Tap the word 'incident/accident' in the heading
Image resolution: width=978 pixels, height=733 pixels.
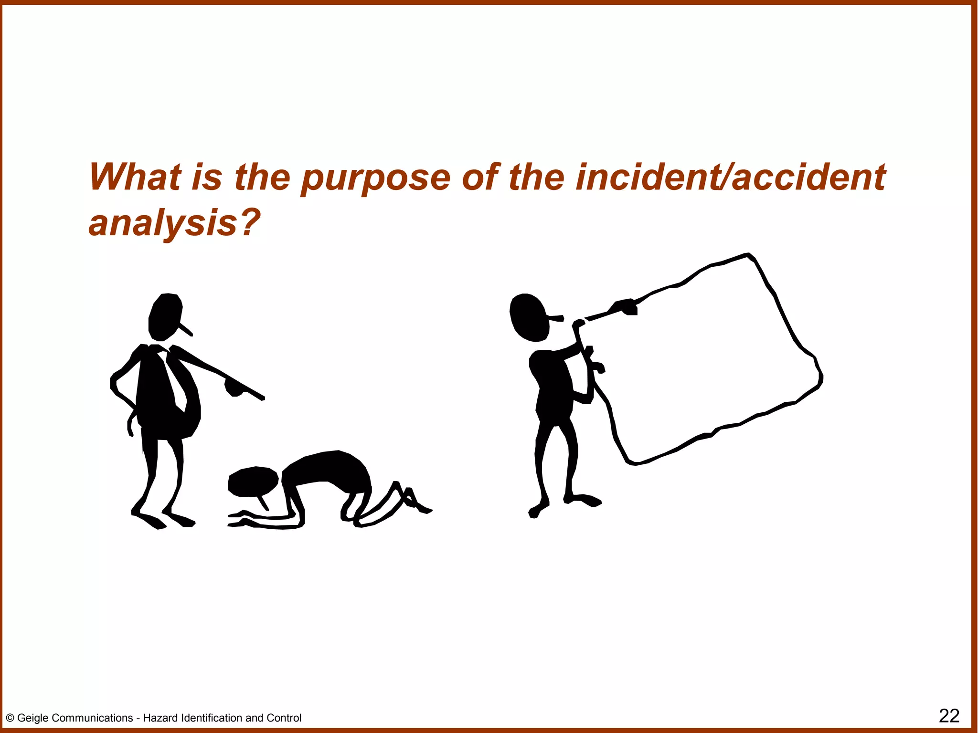[730, 177]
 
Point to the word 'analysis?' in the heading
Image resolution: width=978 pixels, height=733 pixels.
[175, 223]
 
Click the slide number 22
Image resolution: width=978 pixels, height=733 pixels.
[949, 716]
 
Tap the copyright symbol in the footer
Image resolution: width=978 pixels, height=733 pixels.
[10, 718]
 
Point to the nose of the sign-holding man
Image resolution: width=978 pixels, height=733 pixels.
[557, 317]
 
